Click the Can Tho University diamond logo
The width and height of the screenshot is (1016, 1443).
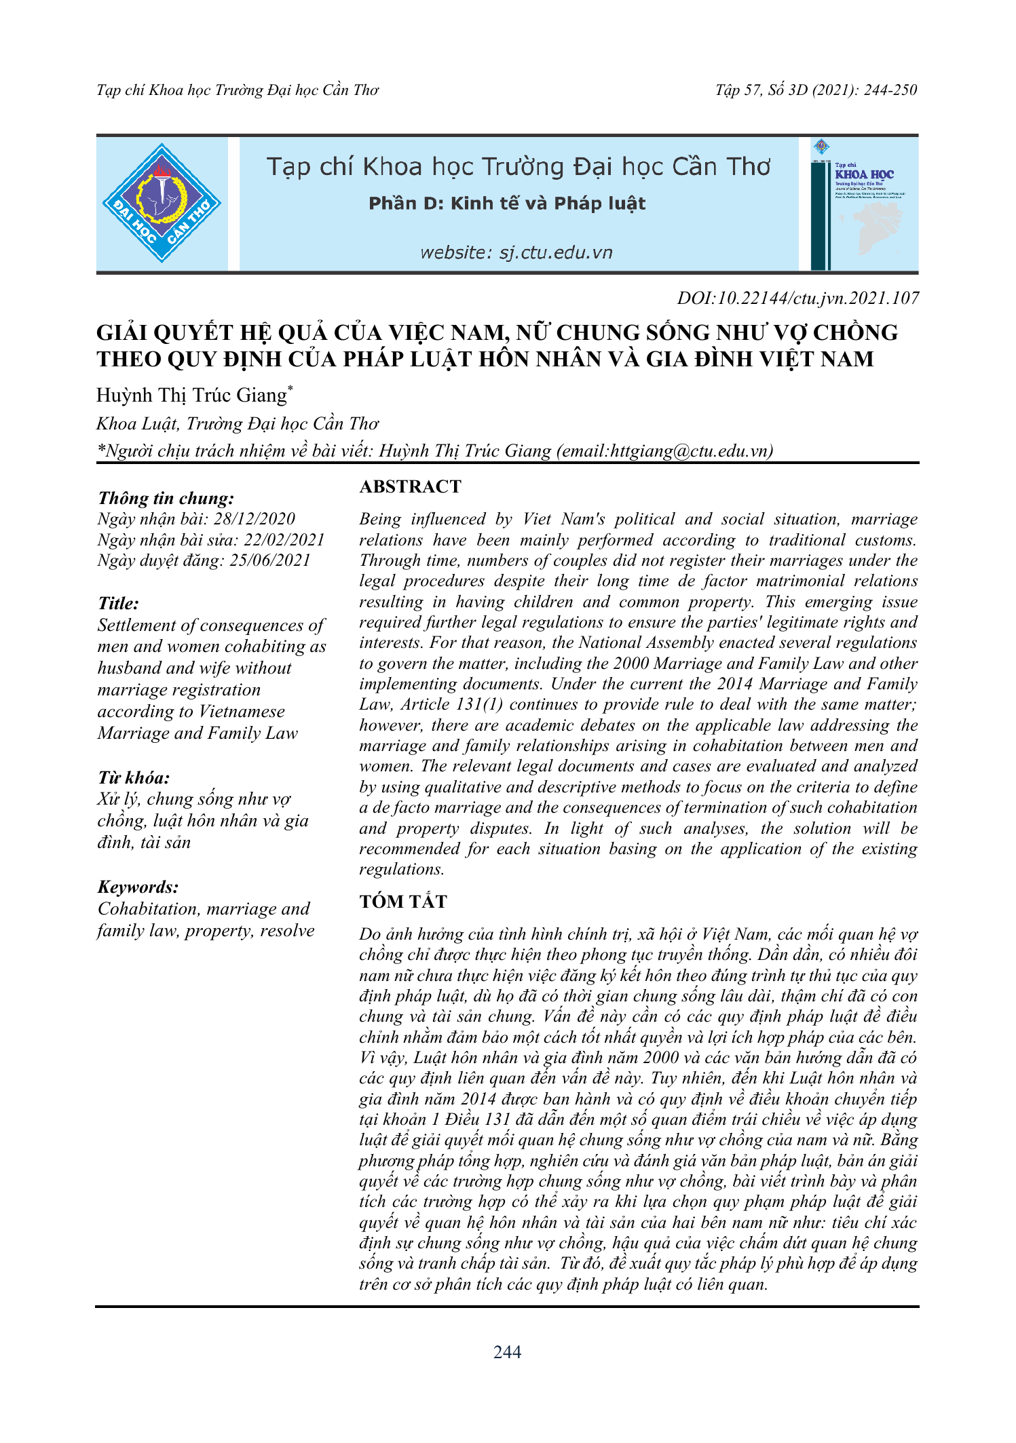(162, 203)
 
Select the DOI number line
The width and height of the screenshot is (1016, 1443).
(797, 299)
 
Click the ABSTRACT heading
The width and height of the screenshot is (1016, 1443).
(410, 486)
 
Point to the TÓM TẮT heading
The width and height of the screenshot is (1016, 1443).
(403, 902)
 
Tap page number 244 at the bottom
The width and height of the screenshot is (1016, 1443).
(507, 1352)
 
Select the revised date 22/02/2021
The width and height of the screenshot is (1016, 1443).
(284, 539)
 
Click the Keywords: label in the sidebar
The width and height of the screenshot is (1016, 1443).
(138, 887)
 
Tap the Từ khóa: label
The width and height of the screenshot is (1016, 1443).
(134, 777)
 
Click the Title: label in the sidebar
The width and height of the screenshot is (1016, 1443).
(118, 603)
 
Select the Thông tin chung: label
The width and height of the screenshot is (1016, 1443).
(166, 498)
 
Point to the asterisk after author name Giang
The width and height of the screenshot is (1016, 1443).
(290, 388)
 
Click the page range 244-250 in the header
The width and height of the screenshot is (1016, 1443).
(890, 90)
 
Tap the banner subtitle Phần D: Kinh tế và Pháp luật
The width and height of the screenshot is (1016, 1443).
(506, 204)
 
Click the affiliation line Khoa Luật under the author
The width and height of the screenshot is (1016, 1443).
(238, 424)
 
